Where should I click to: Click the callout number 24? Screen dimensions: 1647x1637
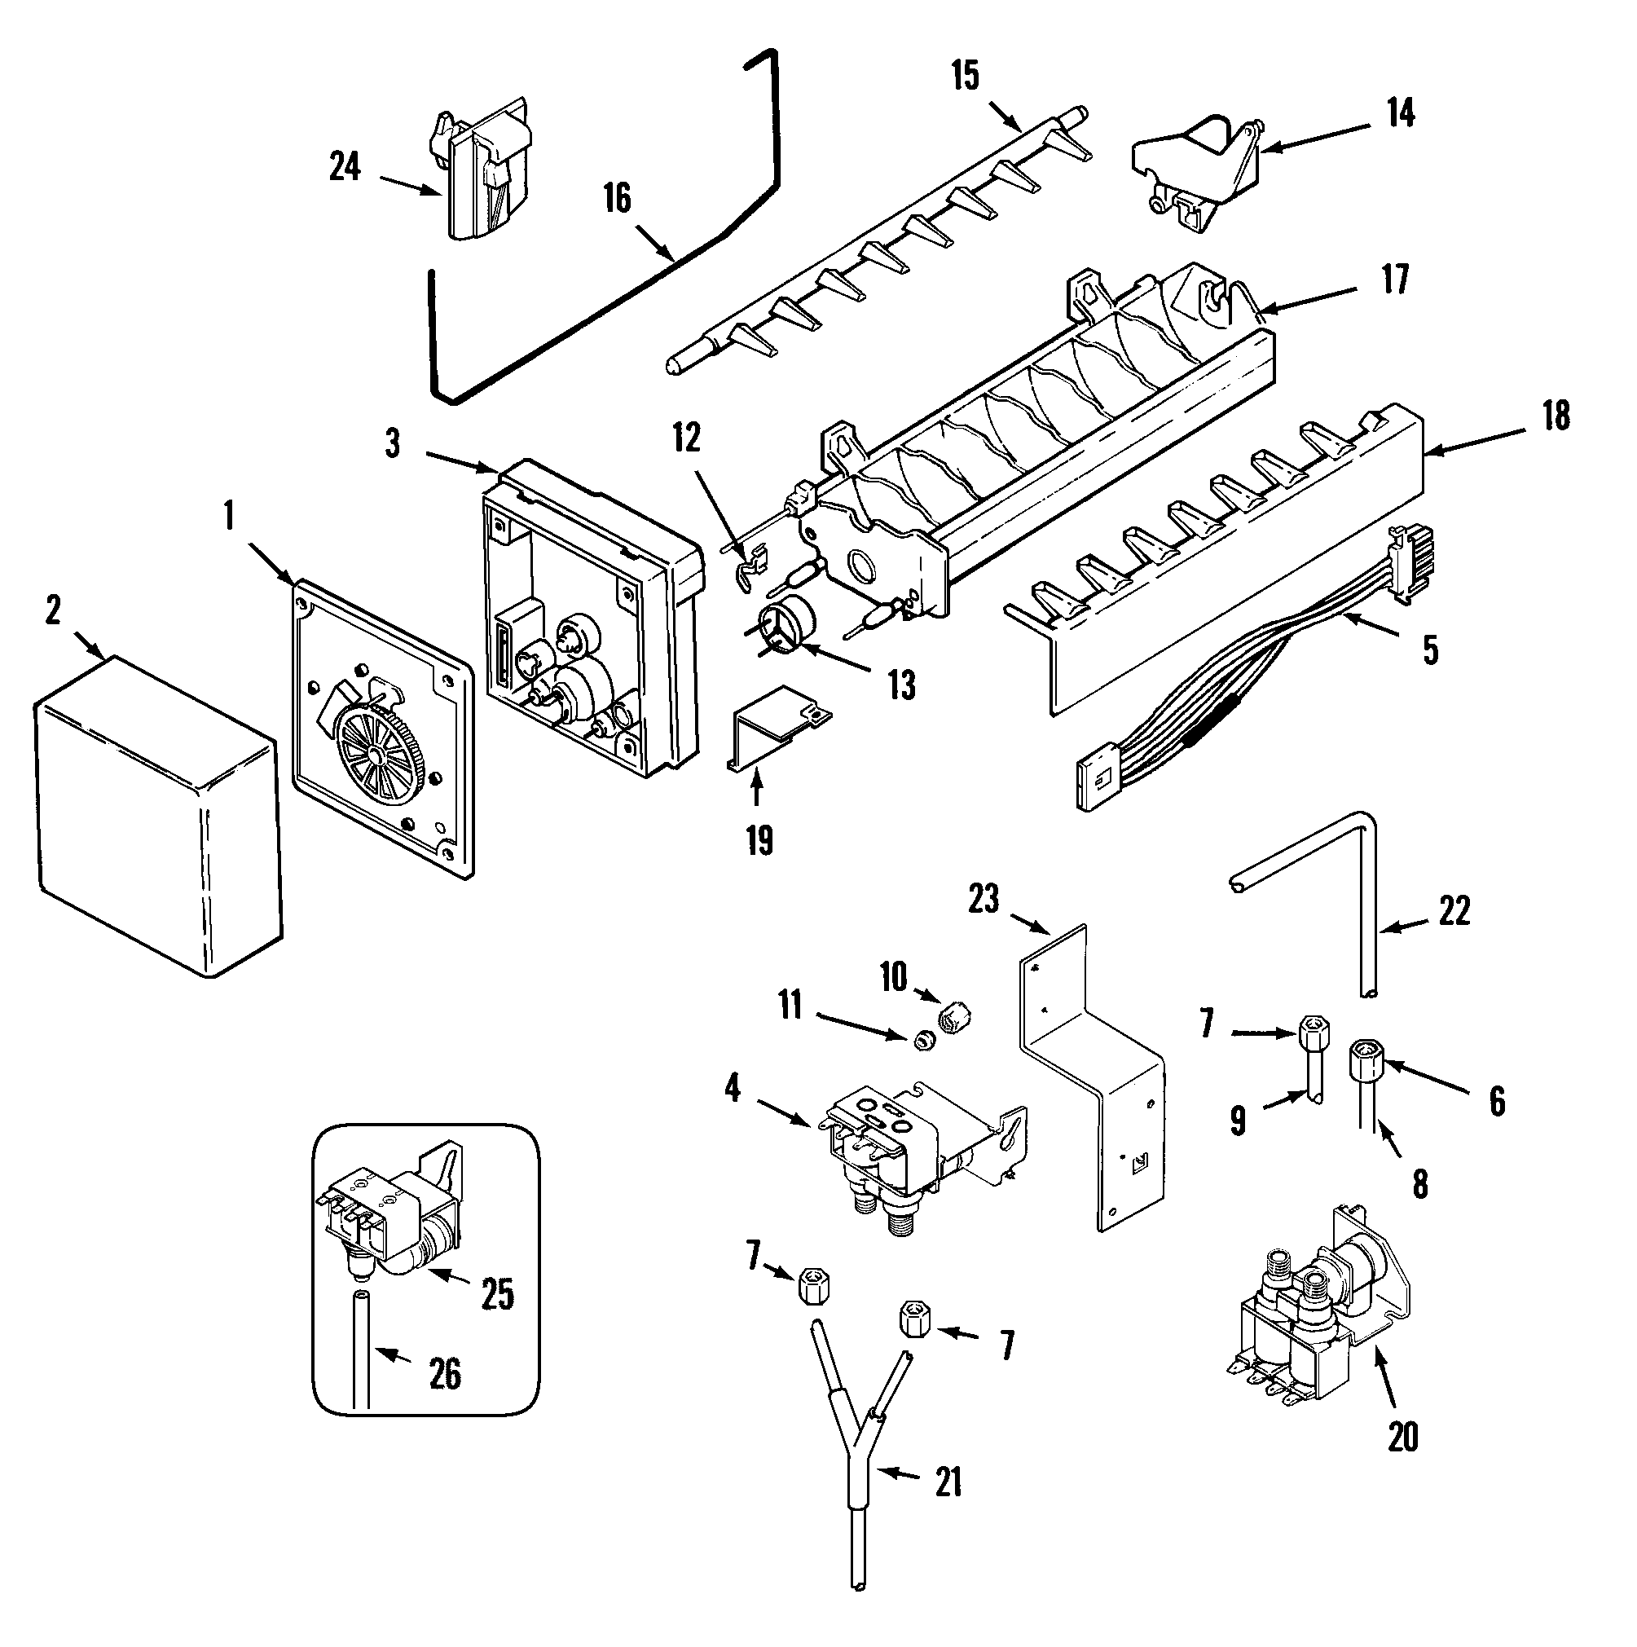click(345, 167)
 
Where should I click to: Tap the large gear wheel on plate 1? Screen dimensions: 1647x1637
click(376, 755)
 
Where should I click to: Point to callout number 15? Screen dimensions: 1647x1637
click(966, 76)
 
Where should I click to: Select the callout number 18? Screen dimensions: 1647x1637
click(1556, 416)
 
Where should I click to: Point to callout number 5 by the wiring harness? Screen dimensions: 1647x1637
click(1431, 650)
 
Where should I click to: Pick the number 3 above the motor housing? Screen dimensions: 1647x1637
click(392, 444)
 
